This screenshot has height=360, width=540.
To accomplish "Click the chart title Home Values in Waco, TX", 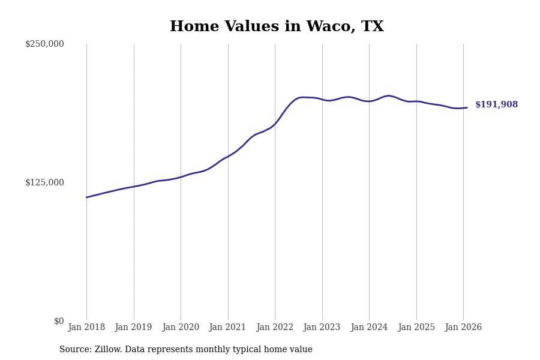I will (277, 27).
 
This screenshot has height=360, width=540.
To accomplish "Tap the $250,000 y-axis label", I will (44, 44).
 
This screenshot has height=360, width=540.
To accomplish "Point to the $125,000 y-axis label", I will (44, 182).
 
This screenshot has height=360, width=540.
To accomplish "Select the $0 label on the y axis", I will (59, 321).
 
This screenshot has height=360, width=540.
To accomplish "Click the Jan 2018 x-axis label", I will (86, 328).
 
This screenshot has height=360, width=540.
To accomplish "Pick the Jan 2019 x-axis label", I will (133, 328).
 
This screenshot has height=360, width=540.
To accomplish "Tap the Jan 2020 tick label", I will (181, 328).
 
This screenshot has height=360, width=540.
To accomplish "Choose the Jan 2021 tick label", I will (227, 328).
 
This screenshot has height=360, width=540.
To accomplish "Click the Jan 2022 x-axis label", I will (275, 328).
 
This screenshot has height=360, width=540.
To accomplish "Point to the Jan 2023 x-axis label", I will (322, 328).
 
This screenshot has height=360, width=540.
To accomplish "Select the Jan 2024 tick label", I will (369, 328).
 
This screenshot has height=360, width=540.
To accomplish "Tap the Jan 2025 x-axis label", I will (416, 328).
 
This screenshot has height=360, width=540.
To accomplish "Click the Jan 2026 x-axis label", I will (463, 328).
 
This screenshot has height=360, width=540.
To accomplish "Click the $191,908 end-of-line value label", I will (496, 105).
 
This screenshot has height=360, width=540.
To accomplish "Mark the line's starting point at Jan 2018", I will (86, 197).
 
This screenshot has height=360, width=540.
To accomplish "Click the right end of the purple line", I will (467, 107).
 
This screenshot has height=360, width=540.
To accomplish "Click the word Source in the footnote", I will (75, 350).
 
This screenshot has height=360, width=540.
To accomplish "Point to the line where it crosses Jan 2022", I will (275, 124).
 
